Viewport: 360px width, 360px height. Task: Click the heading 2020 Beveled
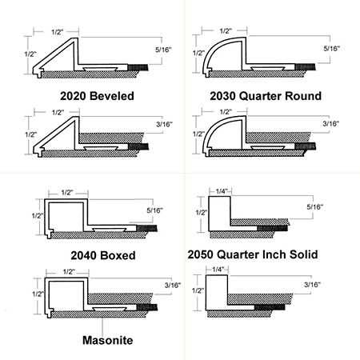97,96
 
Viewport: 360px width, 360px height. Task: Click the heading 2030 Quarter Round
266,96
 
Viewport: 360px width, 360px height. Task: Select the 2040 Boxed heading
103,255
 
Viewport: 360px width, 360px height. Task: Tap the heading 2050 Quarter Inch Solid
253,254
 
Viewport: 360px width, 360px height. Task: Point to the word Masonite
107,340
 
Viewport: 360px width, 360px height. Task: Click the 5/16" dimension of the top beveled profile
163,50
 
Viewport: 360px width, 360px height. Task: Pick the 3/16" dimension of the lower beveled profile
164,124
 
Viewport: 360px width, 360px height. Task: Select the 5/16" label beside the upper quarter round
332,49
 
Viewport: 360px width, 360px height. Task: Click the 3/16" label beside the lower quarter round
331,123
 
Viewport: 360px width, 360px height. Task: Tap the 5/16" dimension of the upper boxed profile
154,210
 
